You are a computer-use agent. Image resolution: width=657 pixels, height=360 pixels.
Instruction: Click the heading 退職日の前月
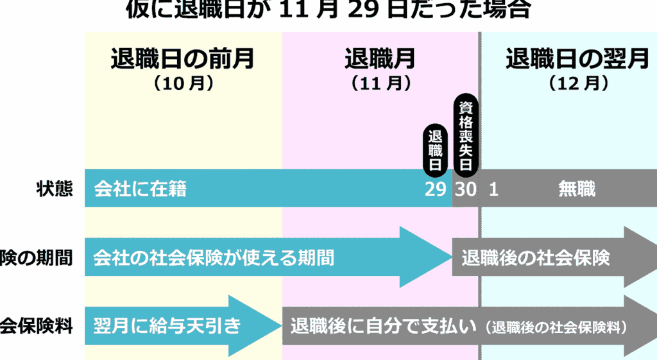click(x=182, y=59)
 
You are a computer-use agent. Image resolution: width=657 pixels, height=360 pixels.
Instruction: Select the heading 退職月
click(x=380, y=59)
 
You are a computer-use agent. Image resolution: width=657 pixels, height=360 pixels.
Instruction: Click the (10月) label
click(x=183, y=83)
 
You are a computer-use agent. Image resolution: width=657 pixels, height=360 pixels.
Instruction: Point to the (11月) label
click(x=380, y=83)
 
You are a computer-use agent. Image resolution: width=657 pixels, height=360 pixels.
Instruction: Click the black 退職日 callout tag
click(x=437, y=149)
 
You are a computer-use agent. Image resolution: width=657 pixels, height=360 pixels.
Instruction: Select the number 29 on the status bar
click(x=436, y=189)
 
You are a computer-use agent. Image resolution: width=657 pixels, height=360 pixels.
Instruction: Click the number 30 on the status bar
click(x=466, y=189)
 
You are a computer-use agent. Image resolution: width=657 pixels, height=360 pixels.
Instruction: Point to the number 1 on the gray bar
click(x=493, y=189)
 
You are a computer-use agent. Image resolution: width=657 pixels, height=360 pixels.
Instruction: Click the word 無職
click(x=577, y=189)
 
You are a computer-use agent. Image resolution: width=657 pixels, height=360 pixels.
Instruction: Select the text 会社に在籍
click(x=140, y=189)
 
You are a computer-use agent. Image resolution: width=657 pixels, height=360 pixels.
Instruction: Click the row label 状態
click(x=54, y=189)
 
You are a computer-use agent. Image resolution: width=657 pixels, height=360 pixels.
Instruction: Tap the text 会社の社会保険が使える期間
click(x=214, y=258)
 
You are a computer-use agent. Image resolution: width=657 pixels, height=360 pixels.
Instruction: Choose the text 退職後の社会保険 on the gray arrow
click(x=535, y=258)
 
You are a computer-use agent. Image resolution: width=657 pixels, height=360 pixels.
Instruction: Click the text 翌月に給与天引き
click(x=167, y=326)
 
